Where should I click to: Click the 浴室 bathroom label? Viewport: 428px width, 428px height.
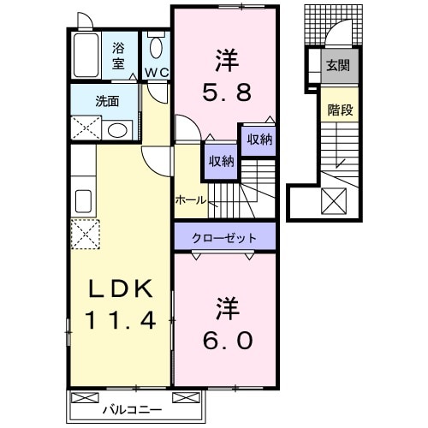118,56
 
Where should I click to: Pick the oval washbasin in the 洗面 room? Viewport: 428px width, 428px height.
119,130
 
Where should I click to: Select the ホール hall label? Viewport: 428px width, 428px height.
190,199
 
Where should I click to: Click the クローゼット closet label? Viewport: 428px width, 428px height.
225,235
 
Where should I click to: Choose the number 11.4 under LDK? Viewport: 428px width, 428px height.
120,322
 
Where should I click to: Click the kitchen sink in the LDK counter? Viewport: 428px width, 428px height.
83,200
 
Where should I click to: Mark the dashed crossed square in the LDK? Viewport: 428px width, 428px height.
84,232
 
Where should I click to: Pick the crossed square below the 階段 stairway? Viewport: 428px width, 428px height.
334,202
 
